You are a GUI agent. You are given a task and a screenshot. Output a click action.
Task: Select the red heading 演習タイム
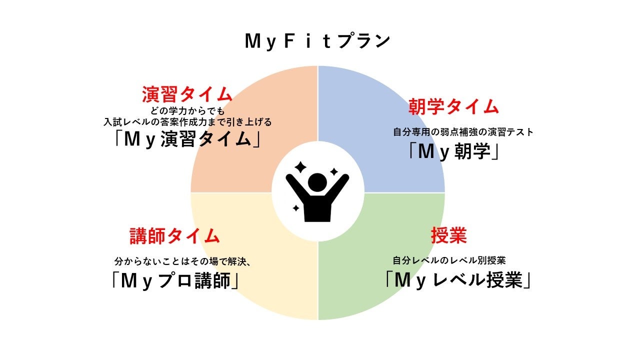coord(187,93)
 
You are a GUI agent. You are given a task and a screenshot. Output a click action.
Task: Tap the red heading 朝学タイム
coord(453,106)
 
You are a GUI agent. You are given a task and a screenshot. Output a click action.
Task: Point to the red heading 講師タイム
coord(174,236)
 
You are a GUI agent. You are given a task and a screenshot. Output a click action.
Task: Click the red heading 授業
coord(448,236)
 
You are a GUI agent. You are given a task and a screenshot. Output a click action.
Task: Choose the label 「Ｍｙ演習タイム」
coord(187,139)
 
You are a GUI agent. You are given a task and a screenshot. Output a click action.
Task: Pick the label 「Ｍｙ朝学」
coord(453,152)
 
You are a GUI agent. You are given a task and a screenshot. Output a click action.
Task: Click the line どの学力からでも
coord(187,111)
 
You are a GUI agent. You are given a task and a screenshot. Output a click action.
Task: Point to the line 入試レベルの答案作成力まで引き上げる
coord(187,121)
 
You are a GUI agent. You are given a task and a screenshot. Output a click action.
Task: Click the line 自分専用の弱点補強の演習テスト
coord(463,132)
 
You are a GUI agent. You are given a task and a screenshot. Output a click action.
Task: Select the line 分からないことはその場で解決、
coord(182,261)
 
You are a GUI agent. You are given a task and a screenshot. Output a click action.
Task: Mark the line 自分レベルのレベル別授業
coord(449,260)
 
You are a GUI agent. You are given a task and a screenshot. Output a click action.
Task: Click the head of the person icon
coord(317,183)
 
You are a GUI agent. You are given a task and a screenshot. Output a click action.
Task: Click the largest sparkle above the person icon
coord(300,167)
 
